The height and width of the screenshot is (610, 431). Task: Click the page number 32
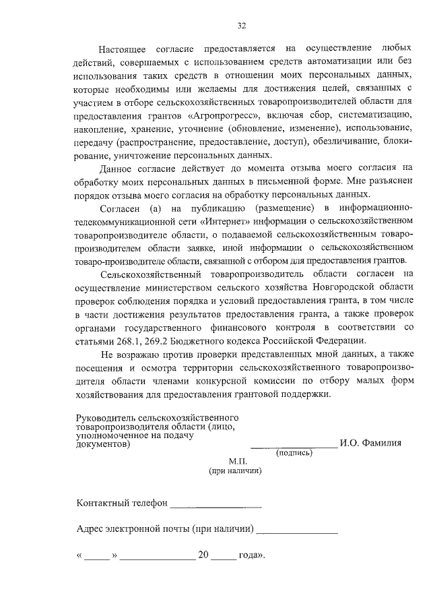241,26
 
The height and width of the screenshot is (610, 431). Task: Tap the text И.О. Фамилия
370,443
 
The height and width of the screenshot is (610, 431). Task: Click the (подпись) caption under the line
294,453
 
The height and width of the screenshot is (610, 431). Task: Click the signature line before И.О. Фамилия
294,446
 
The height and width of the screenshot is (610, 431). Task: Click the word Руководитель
107,419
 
